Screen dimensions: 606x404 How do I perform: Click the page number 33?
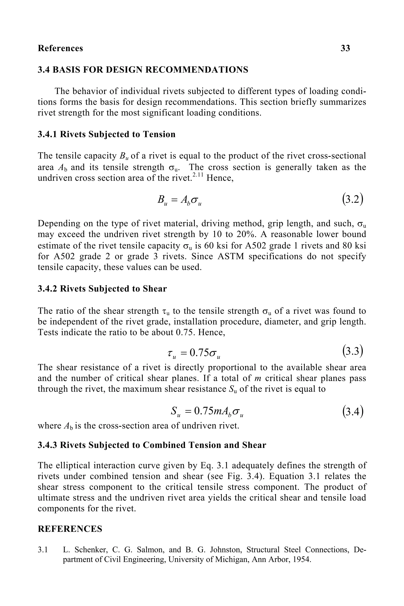tap(345, 48)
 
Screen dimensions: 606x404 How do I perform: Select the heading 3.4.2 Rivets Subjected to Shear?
tap(102, 289)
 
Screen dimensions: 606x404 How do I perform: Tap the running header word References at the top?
tap(60, 48)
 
